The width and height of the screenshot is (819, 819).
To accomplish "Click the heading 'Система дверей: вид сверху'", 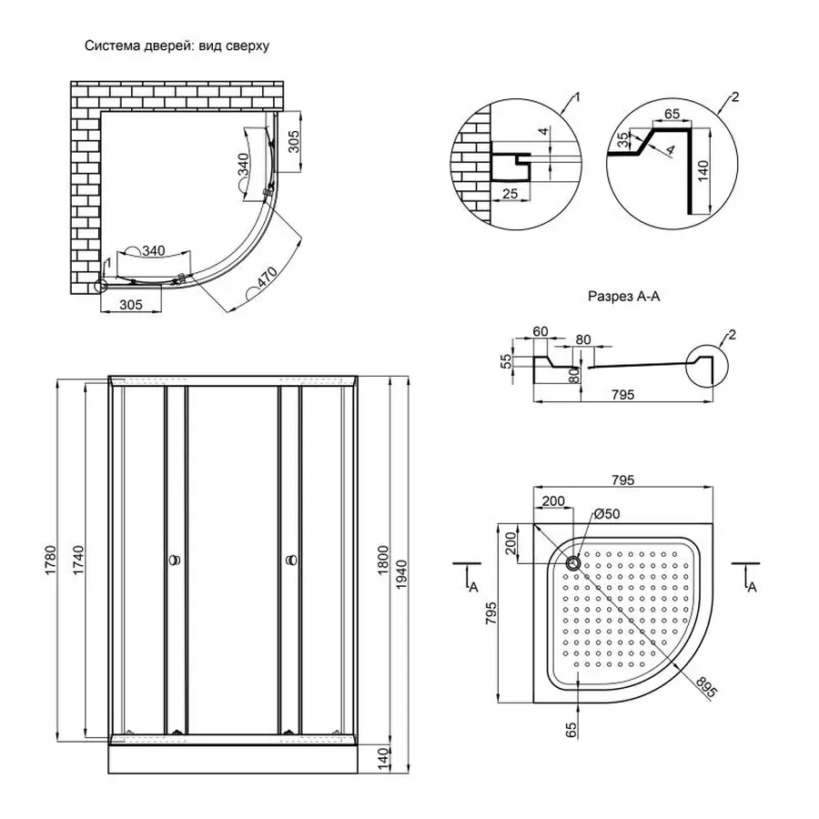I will coord(177,45).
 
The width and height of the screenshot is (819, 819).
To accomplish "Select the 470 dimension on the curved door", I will coord(264,275).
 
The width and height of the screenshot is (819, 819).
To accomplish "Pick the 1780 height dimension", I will coord(52,557).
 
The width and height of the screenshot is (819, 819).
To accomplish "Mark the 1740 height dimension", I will coord(78,557).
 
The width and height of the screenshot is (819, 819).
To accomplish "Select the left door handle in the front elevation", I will coord(174,561).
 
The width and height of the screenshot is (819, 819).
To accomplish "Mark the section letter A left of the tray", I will coord(473,588).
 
